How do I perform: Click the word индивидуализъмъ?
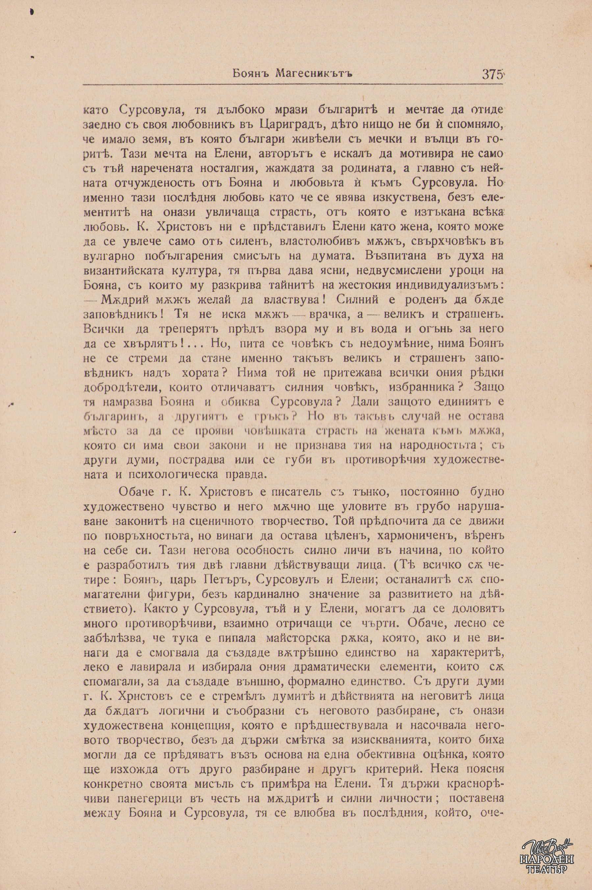coord(439,286)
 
